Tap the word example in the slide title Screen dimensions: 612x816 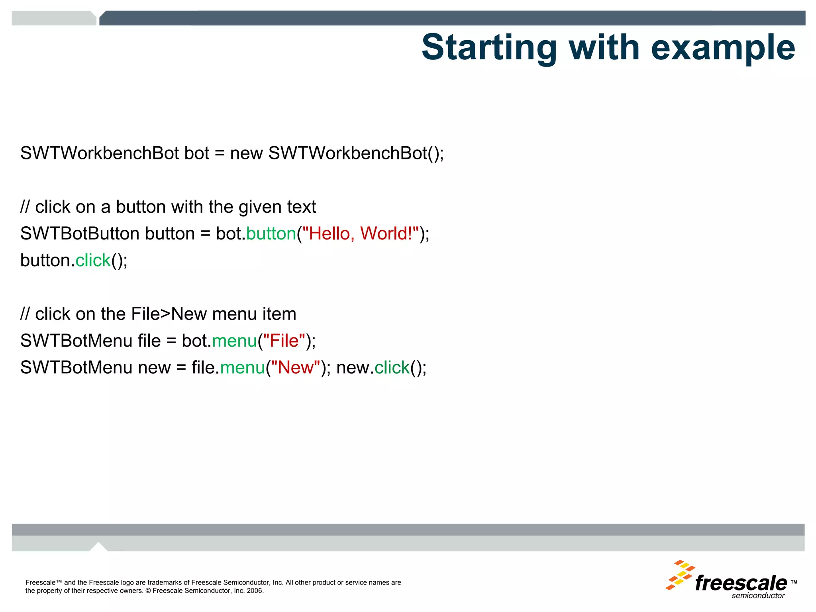tap(723, 48)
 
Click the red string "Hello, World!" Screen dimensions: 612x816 tap(361, 233)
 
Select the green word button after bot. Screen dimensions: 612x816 tap(271, 233)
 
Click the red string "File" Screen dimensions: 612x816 tap(284, 341)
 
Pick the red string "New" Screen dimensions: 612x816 tap(296, 367)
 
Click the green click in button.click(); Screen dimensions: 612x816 tap(93, 260)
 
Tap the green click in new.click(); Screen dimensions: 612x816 tap(392, 367)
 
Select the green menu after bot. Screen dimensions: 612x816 tap(235, 341)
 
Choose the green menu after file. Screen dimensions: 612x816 tap(242, 367)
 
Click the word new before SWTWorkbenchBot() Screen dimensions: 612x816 tap(246, 153)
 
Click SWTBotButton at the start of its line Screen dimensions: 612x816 tap(80, 233)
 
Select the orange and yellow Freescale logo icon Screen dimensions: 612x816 tap(680, 575)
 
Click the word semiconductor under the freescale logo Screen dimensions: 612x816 tap(758, 596)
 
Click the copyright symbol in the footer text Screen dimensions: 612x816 tap(148, 591)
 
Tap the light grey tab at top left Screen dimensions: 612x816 tap(54, 18)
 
